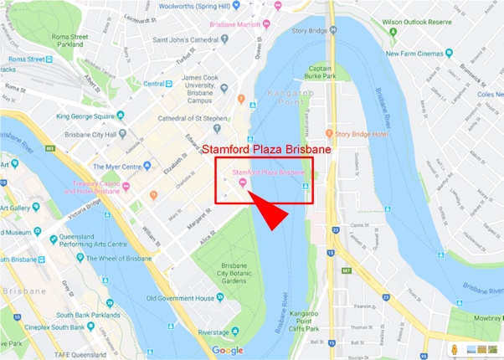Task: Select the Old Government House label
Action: coord(180,298)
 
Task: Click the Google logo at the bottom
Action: coord(227,351)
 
